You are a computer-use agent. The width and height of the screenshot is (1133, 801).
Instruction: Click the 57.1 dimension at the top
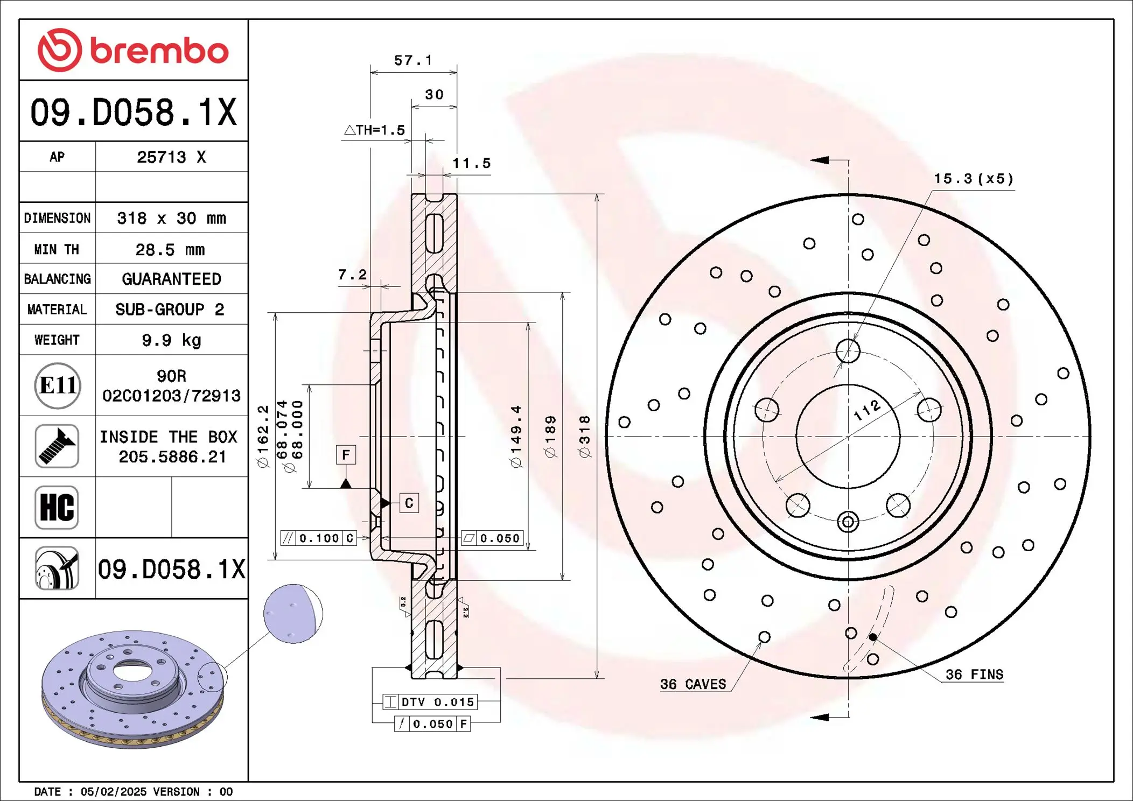(413, 60)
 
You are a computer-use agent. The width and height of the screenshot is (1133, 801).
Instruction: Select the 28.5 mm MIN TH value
(170, 250)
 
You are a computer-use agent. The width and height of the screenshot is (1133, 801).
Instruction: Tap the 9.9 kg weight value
(171, 340)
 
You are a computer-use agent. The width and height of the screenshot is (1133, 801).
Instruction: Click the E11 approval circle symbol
(58, 385)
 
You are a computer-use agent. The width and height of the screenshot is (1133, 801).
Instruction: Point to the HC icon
(57, 507)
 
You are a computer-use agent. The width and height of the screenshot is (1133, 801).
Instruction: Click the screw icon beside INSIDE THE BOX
(57, 446)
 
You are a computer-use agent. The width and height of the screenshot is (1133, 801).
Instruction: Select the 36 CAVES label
(693, 684)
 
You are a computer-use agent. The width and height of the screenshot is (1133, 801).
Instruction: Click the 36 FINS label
(974, 674)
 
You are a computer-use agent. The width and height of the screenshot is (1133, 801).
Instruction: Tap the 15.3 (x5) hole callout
(973, 179)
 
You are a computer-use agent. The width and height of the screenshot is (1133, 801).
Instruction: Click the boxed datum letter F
(346, 455)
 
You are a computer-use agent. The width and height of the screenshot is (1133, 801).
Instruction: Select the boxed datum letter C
(409, 503)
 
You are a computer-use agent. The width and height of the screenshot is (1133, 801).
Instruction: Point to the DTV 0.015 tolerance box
(430, 702)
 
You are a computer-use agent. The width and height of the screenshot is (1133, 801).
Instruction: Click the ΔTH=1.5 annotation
(374, 130)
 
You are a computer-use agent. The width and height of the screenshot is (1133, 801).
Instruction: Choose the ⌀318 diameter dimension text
(584, 436)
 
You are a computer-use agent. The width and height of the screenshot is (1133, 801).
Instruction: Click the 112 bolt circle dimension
(867, 410)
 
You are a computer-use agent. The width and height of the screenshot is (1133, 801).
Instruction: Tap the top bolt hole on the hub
(848, 351)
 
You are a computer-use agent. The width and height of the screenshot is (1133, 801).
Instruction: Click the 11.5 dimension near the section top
(472, 163)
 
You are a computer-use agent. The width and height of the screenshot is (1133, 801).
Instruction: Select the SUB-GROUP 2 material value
(170, 310)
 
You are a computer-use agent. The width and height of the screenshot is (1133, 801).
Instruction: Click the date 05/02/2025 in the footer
(113, 791)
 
